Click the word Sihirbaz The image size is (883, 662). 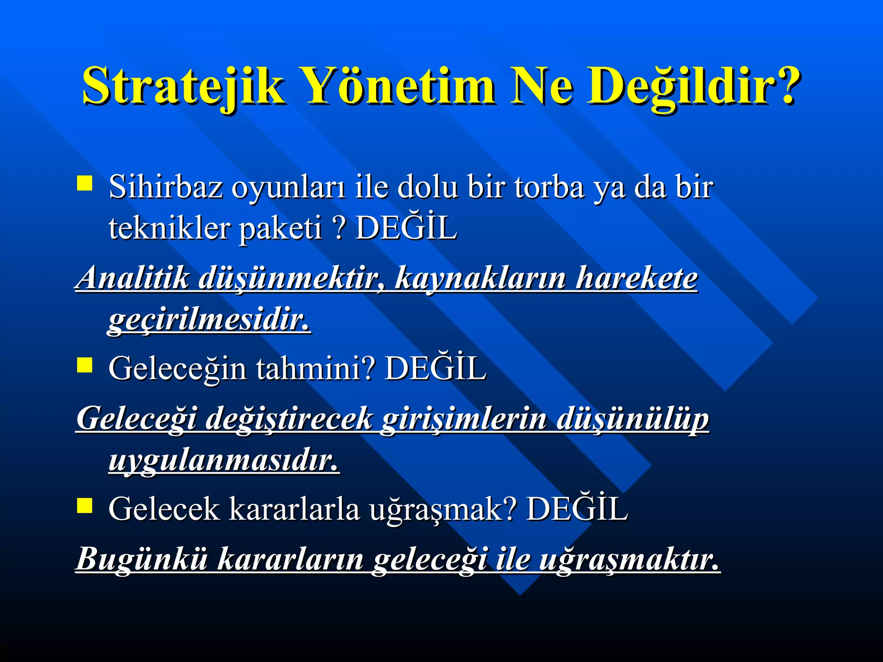click(166, 187)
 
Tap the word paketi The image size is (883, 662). click(280, 228)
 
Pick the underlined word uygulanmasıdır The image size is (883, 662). click(224, 461)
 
